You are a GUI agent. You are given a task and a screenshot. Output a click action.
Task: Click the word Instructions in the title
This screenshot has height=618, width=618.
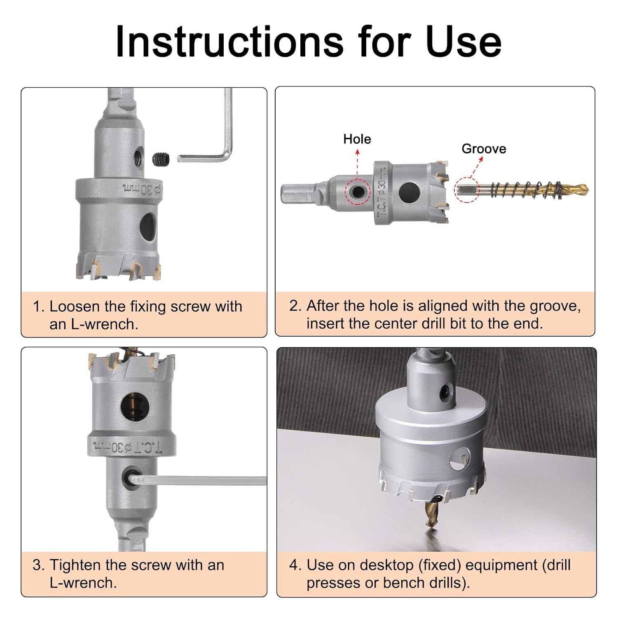point(229,41)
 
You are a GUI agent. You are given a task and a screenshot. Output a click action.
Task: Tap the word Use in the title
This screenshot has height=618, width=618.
point(463,41)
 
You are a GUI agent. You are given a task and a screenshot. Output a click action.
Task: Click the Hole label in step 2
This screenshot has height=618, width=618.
point(357,139)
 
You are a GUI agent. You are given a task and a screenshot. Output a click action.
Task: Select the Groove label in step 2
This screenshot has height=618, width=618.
point(484,149)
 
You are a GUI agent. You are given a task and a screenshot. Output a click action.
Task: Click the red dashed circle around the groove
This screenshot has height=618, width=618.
point(468,190)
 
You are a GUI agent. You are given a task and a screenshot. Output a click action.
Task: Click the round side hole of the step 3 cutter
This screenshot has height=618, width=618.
point(135,407)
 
